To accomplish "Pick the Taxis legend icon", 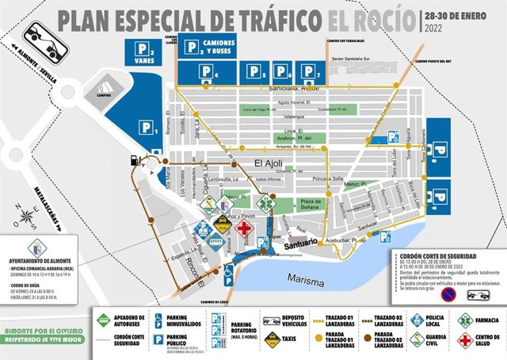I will tap(272, 341).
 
